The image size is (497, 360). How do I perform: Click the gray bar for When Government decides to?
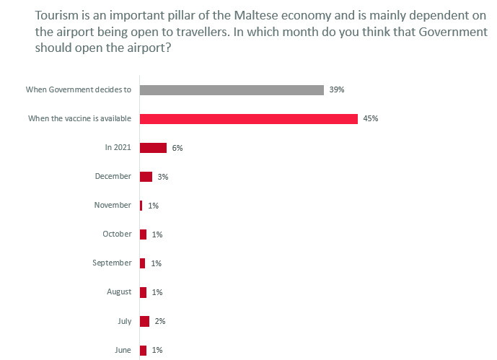coord(231,90)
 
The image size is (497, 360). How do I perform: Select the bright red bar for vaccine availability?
coord(248,119)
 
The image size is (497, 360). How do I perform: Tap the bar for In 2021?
coord(153,148)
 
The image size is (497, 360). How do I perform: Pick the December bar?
coord(146,177)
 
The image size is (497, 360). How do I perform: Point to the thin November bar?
coord(141,206)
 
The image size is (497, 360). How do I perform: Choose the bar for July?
coord(144,321)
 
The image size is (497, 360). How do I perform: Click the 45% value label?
coord(371,119)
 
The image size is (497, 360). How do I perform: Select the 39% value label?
coord(337,90)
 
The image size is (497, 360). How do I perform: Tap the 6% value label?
coord(177,148)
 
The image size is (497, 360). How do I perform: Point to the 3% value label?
coord(163,177)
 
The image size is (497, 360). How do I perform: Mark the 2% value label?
coord(160,321)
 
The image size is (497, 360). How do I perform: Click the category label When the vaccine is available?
coord(79,118)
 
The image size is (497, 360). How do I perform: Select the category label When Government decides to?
coord(79,89)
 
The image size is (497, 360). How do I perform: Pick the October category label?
coord(117,234)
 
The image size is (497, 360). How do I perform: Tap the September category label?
coord(112,263)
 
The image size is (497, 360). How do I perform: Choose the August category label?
coord(118,291)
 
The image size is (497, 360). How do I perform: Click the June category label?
coord(123,350)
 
